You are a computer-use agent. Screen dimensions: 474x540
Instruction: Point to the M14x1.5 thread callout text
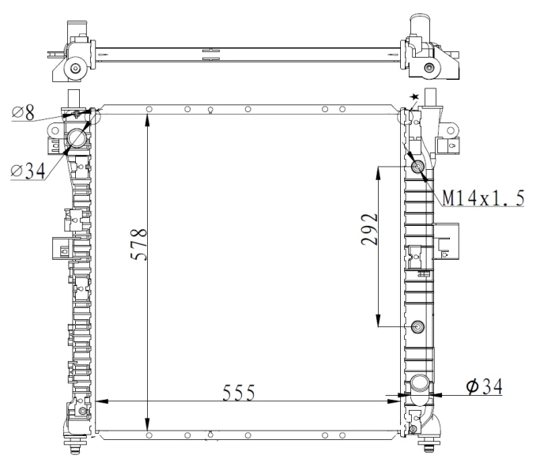[483, 198]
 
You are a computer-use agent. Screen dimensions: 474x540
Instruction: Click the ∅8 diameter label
[23, 113]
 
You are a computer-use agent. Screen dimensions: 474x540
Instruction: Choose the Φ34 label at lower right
[484, 386]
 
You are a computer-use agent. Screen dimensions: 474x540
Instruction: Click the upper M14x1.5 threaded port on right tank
[418, 167]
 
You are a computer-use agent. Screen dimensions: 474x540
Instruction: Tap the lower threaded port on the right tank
[418, 326]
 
